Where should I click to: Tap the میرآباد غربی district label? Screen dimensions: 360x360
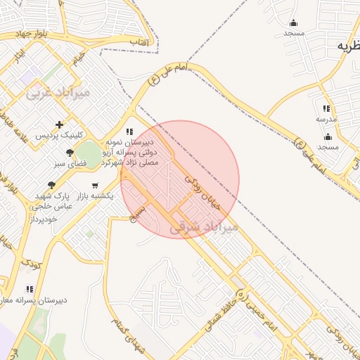(58, 92)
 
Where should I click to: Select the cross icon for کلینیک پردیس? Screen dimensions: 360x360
(59, 124)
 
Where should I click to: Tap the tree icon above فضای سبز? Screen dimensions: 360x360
(70, 153)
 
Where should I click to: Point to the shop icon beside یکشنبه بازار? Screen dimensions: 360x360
(95, 186)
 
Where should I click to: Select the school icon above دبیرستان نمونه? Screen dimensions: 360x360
(129, 131)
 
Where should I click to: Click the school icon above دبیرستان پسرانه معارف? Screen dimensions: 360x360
(29, 289)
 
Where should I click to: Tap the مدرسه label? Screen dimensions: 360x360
(326, 119)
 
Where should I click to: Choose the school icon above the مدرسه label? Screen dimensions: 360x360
(326, 108)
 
